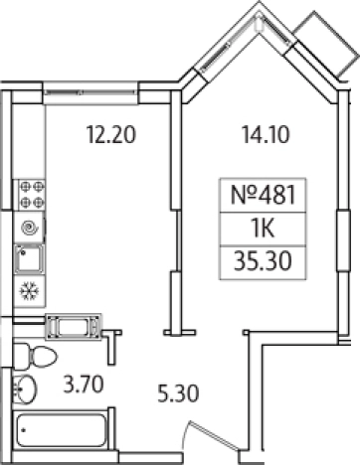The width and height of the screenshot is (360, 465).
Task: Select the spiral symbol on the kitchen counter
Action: click(x=31, y=227)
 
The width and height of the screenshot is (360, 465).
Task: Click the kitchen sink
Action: click(x=29, y=259)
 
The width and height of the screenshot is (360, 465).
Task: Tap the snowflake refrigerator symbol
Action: click(x=30, y=291)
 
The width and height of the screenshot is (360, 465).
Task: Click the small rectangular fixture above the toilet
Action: click(x=75, y=325)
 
